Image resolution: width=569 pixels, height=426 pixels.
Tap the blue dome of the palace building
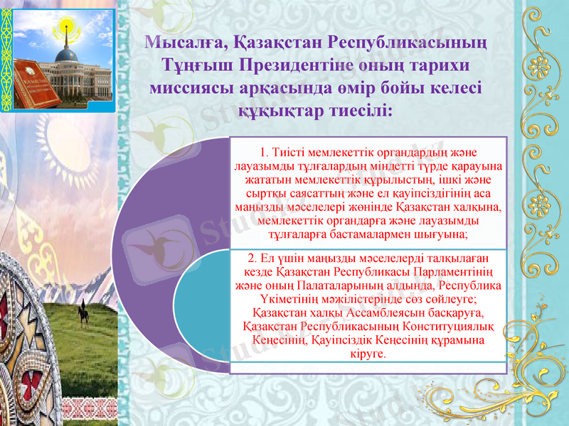[x=68, y=55]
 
